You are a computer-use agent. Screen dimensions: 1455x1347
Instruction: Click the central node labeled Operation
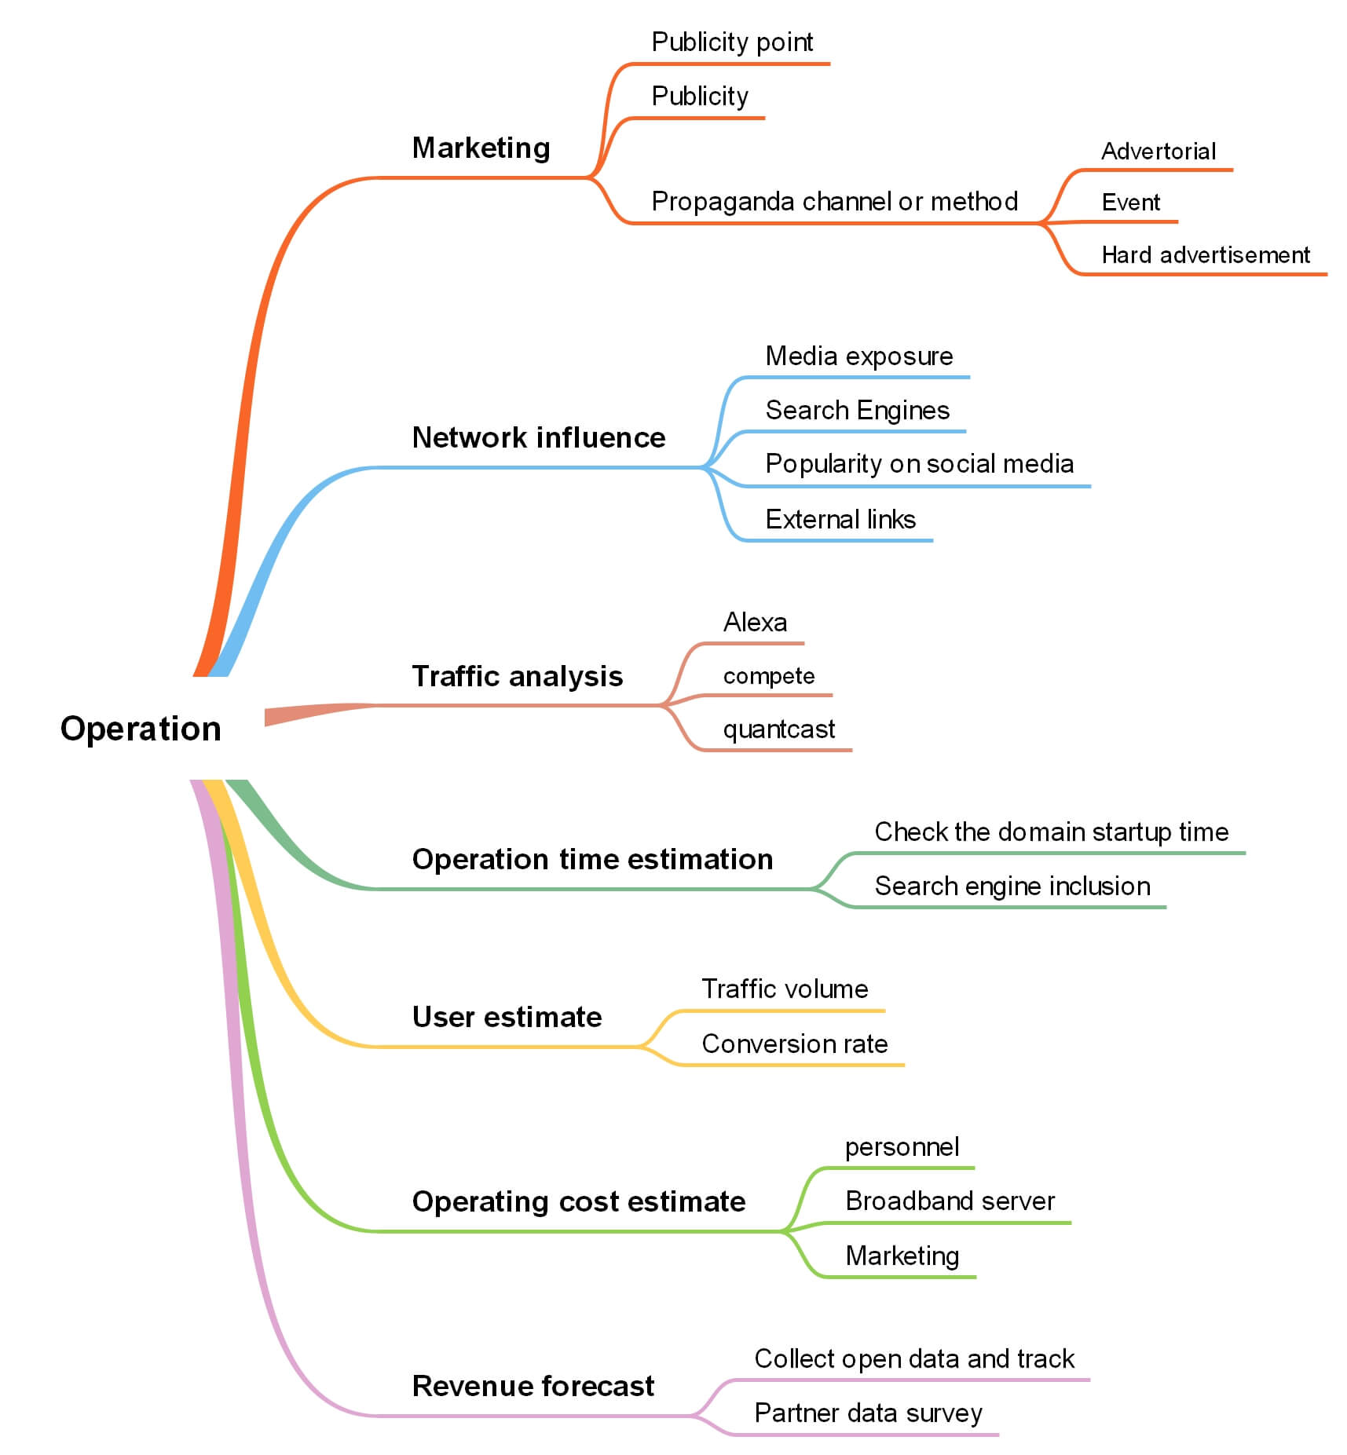141,729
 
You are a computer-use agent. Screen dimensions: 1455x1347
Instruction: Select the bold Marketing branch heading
481,148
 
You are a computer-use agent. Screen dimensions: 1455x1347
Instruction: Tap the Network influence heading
538,437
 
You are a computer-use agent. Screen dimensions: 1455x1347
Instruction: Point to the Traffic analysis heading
517,676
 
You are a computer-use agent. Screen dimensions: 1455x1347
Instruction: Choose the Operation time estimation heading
592,859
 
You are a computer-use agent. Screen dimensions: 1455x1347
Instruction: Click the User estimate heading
507,1017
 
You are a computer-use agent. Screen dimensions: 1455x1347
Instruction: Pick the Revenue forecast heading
533,1386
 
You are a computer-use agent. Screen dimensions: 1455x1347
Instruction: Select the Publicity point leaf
732,42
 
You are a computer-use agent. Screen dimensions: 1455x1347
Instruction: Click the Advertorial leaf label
1158,151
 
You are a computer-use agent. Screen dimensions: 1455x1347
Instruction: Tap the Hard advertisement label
1205,254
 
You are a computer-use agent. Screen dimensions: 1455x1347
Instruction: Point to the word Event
1130,203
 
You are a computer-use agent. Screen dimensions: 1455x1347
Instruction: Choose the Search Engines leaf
857,410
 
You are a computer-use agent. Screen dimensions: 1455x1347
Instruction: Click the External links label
840,519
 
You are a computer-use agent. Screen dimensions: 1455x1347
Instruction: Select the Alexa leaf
755,622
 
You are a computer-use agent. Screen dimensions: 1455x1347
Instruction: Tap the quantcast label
778,729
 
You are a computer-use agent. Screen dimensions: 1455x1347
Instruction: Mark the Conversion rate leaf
794,1044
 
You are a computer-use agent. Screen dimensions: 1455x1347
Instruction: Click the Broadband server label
950,1201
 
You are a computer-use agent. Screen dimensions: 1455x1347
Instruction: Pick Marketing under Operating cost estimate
902,1256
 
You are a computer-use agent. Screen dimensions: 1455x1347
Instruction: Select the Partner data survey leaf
868,1413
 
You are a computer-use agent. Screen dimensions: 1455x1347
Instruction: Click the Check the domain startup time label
1051,832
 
